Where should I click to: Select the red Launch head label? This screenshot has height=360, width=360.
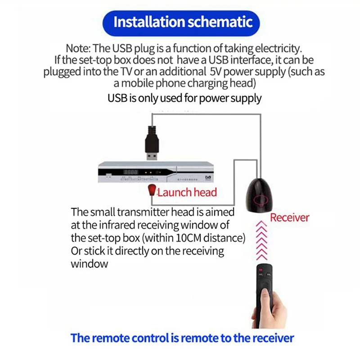pos(187,193)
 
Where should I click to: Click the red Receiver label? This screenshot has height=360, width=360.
pos(289,218)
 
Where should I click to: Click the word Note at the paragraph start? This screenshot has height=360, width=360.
pos(78,48)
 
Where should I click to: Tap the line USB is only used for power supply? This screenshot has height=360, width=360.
pos(184,98)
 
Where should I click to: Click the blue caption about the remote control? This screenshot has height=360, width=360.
pos(182,337)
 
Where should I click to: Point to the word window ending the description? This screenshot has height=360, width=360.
pos(90,264)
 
